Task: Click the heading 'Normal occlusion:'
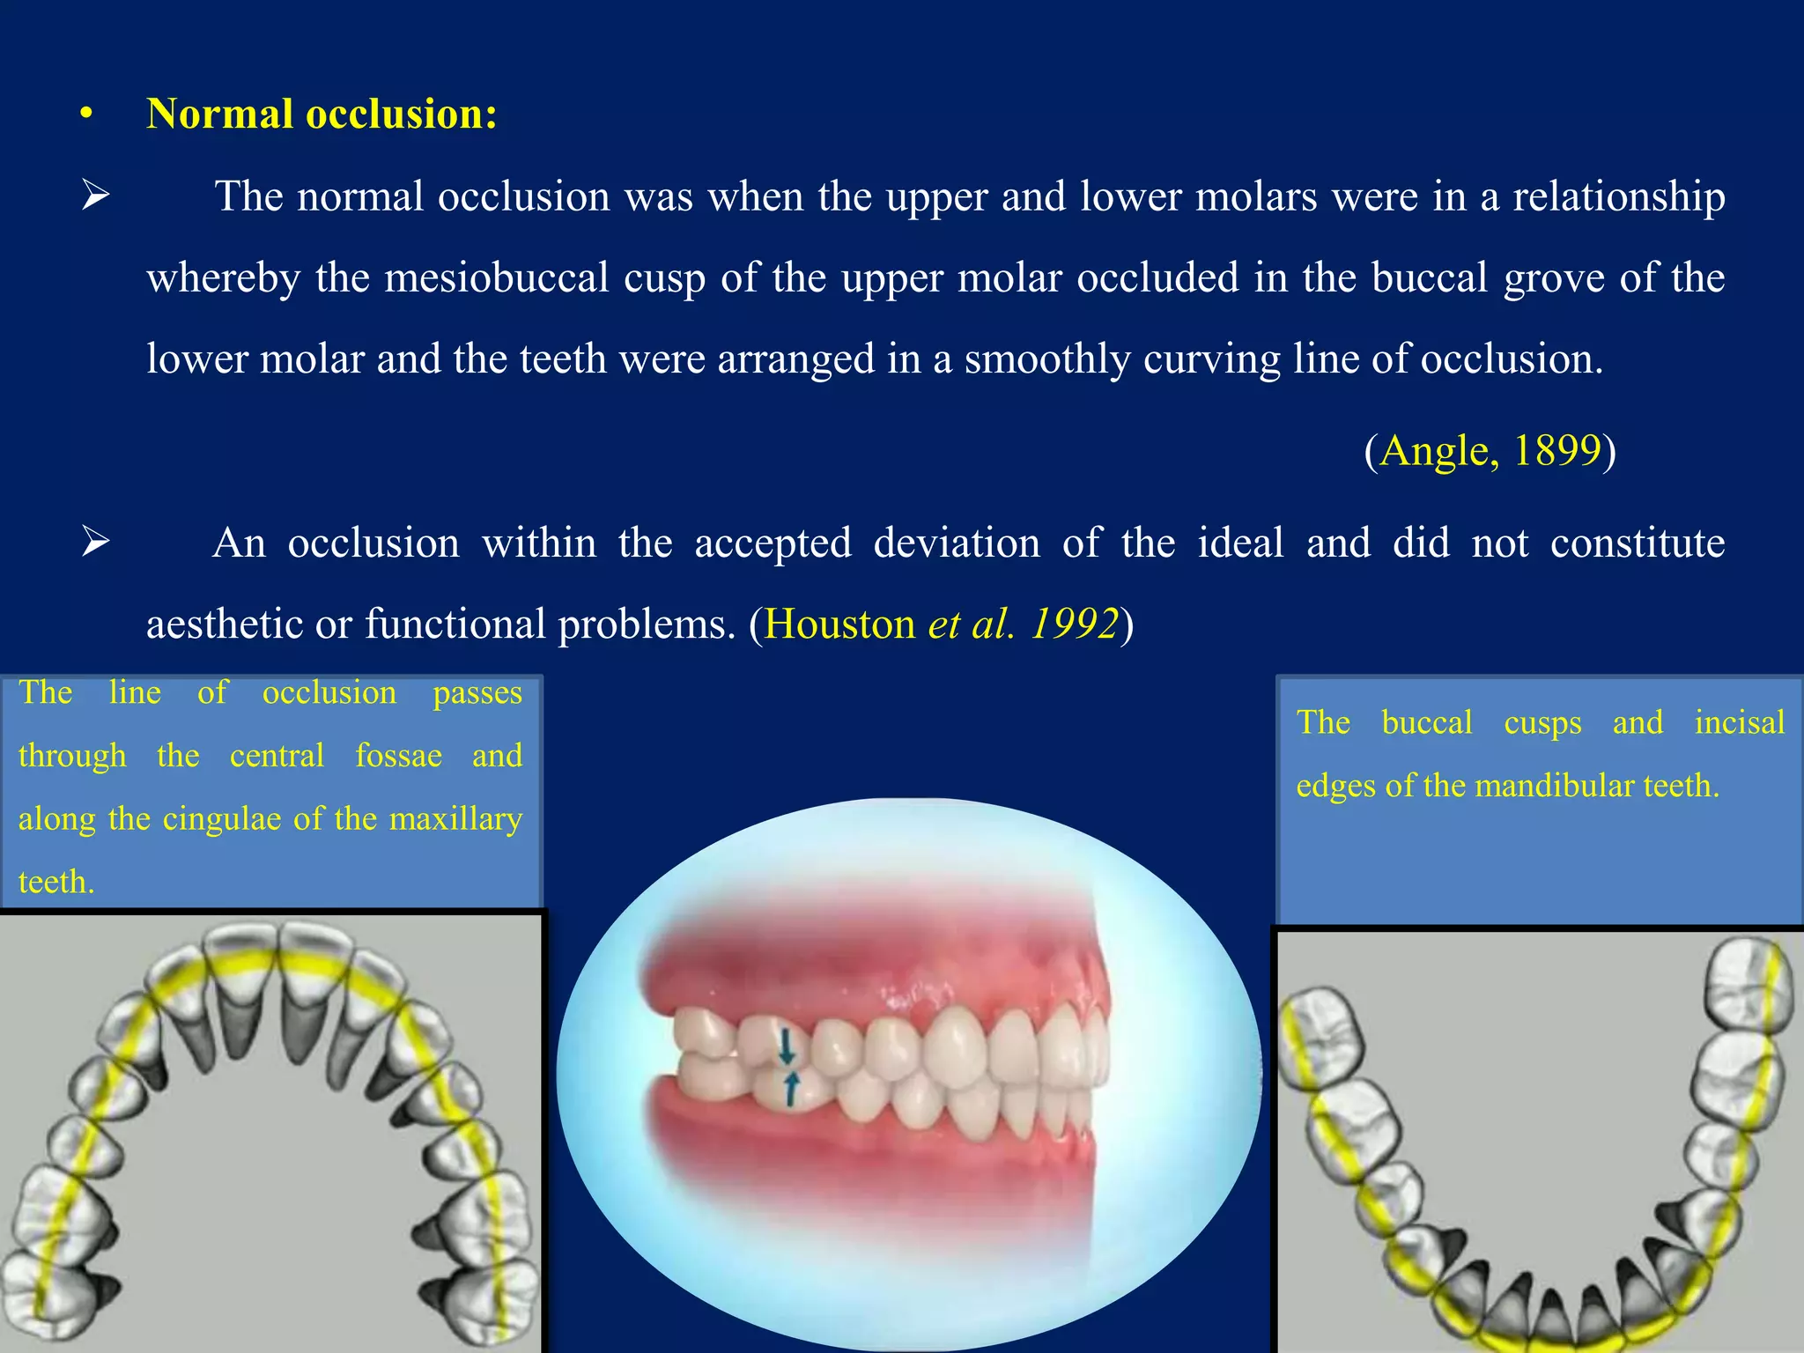322,115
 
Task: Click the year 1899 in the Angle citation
1556,450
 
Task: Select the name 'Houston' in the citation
839,625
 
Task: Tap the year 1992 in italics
1074,625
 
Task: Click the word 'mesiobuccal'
497,278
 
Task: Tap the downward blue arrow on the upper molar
787,1048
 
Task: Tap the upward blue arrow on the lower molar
790,1089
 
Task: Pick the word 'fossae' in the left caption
398,756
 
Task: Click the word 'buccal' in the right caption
1426,723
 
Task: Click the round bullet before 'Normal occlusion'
85,115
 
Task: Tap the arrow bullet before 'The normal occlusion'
95,196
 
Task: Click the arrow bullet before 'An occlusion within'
95,542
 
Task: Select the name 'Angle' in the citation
1434,450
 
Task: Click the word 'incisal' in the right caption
1739,723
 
